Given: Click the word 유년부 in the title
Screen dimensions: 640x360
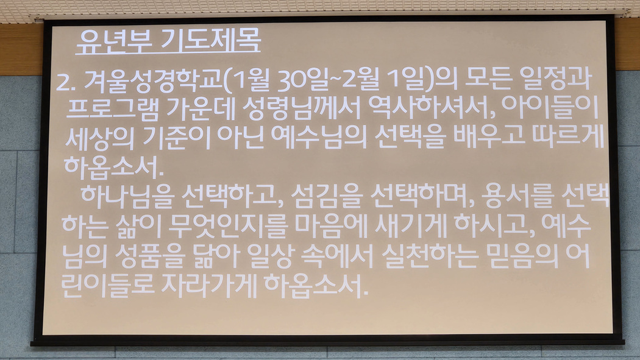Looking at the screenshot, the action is pos(114,41).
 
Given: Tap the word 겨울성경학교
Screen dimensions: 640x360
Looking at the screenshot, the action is pos(153,82).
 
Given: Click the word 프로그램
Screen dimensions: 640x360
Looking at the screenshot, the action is pos(113,109).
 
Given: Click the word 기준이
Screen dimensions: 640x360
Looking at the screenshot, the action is pos(176,137).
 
